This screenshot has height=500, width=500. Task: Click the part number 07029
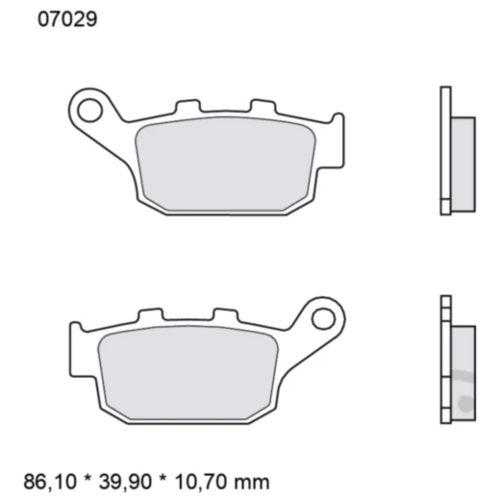tap(66, 18)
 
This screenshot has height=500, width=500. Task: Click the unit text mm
tap(257, 481)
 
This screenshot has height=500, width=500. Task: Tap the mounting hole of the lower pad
tap(324, 316)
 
